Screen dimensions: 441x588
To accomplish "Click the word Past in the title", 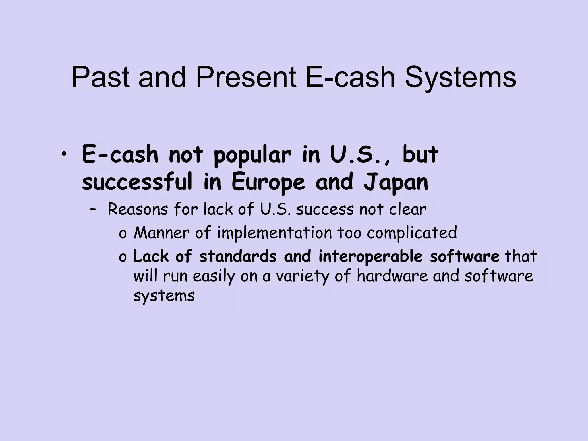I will pyautogui.click(x=102, y=78).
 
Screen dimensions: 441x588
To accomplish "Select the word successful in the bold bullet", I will pyautogui.click(x=137, y=182).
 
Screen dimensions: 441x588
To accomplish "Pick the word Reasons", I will pyautogui.click(x=138, y=210).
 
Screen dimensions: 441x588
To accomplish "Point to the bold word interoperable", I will pyautogui.click(x=370, y=257).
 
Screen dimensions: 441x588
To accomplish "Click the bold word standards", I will pyautogui.click(x=238, y=256).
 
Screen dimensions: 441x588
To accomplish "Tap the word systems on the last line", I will pyautogui.click(x=164, y=296).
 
